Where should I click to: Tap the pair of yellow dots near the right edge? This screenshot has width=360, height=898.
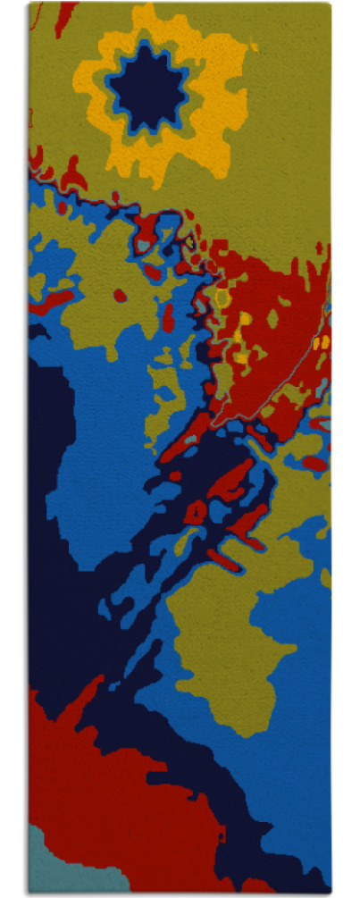321,341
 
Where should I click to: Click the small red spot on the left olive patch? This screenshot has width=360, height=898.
119,295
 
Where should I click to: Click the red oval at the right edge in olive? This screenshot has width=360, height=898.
314,463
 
